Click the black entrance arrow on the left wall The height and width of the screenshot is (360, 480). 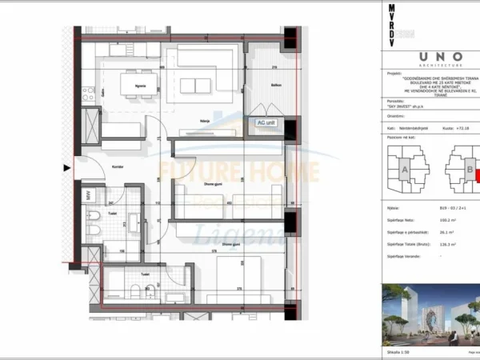pyautogui.click(x=67, y=168)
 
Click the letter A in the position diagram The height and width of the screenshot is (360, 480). pyautogui.click(x=405, y=170)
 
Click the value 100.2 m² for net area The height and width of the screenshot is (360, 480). pyautogui.click(x=437, y=217)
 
